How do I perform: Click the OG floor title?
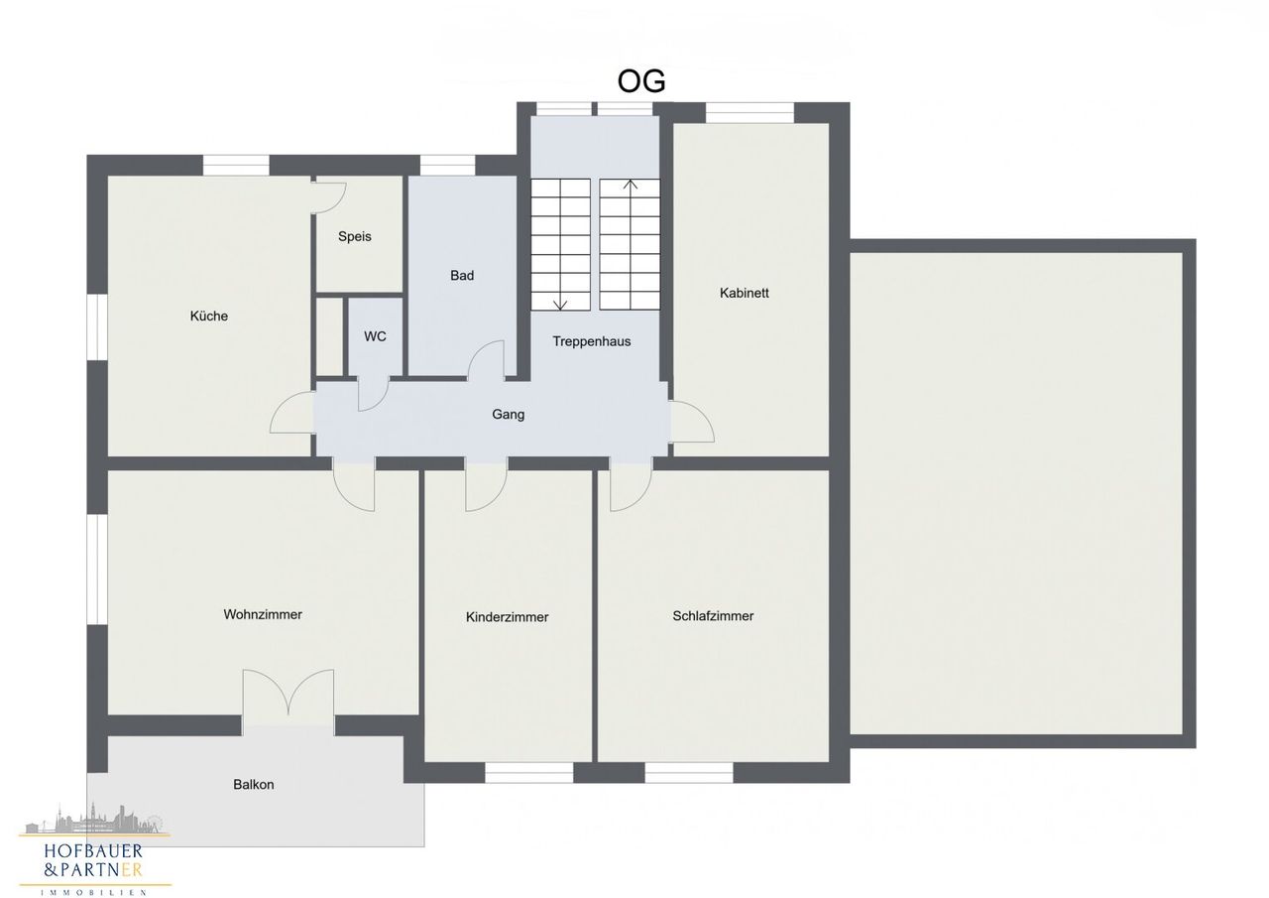click(x=640, y=81)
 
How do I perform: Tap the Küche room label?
click(x=209, y=316)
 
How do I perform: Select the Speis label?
click(x=355, y=236)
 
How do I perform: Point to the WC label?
click(x=375, y=336)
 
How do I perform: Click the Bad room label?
click(x=462, y=276)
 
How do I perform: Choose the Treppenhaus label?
click(x=592, y=341)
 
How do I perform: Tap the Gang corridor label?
click(x=509, y=415)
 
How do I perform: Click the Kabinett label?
click(x=745, y=293)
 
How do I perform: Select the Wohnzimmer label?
click(x=263, y=614)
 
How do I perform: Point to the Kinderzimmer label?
click(x=507, y=617)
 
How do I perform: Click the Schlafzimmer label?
click(x=713, y=615)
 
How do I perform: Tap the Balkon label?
click(x=253, y=785)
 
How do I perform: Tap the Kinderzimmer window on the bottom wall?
click(x=529, y=772)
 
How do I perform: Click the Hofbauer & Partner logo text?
click(x=93, y=860)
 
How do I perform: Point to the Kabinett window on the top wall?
click(x=750, y=113)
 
